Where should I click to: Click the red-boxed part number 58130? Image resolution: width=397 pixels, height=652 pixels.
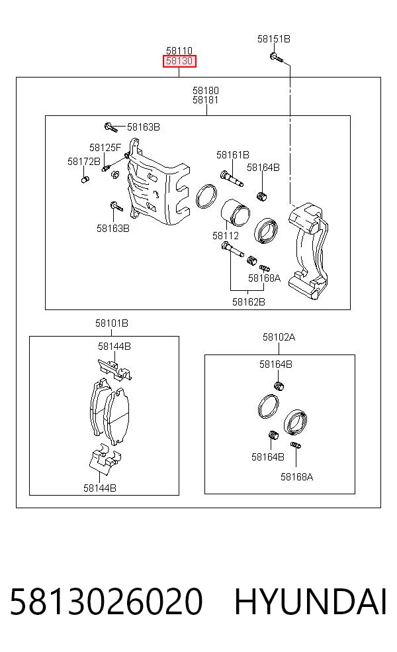point(179,61)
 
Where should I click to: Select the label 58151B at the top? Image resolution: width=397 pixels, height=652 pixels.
point(274,38)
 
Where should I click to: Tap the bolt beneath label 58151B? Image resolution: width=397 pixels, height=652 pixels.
point(276,57)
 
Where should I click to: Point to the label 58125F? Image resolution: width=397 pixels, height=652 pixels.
point(105,148)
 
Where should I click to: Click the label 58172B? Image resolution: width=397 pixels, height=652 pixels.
point(84,161)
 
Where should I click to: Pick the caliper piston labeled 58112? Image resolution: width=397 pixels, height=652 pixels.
point(235,213)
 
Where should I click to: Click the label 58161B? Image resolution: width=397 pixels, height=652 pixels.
point(232,155)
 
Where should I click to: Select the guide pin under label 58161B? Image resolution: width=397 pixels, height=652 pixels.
point(232,178)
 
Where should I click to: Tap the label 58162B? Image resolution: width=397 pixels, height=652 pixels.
point(248,302)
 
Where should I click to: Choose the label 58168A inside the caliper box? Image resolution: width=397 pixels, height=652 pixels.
point(264,278)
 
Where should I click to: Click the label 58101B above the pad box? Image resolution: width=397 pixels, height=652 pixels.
point(112,323)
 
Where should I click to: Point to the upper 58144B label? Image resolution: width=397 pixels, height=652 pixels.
point(114,346)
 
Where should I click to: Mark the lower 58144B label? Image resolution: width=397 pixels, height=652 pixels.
point(100,488)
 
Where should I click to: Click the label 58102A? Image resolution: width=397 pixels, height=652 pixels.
point(279,337)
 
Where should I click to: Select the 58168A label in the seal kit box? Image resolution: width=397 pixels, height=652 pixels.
point(296,477)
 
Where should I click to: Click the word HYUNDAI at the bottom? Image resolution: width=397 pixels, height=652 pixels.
point(310,602)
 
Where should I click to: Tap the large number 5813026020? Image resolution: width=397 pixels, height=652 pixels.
point(107,602)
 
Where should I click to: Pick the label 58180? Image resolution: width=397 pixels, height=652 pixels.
point(206,90)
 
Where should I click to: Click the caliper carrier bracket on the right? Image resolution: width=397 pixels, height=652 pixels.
point(308,250)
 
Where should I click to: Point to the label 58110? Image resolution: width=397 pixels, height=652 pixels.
point(179,51)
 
